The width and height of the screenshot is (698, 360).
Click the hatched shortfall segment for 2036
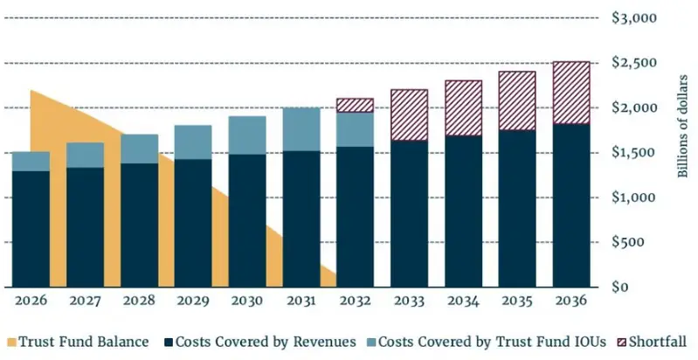[x=571, y=93]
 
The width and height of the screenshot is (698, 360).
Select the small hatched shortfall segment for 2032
[x=356, y=105]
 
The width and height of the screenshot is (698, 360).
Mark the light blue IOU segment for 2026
[x=31, y=161]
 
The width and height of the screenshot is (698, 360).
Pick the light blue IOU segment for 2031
[x=301, y=129]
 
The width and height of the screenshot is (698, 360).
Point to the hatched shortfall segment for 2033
[x=410, y=114]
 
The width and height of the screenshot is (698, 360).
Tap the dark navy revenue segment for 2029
[x=193, y=223]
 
